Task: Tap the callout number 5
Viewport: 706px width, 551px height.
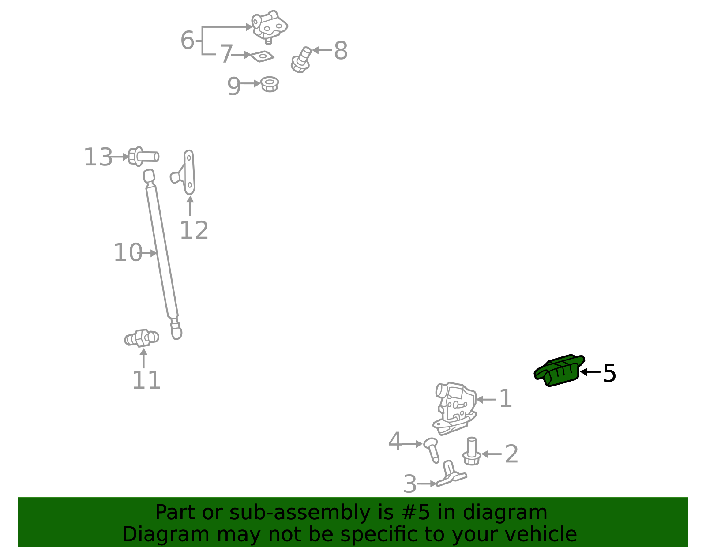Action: [x=609, y=373]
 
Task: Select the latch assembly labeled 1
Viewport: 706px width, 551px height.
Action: [x=455, y=408]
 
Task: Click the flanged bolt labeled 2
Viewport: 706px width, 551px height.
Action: [x=471, y=451]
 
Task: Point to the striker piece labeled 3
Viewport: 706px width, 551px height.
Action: [x=451, y=474]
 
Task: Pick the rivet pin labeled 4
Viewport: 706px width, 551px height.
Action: [x=432, y=450]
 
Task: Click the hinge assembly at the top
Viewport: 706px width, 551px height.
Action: [x=269, y=26]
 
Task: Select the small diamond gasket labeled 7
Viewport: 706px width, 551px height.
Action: [x=262, y=56]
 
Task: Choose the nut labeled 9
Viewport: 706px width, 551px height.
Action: [x=269, y=84]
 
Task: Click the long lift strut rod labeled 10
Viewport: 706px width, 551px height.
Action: [x=162, y=254]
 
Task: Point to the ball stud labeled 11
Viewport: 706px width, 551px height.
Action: [x=142, y=338]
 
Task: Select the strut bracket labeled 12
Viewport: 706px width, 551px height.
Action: [x=183, y=172]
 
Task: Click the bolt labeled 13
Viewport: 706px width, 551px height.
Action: [x=143, y=157]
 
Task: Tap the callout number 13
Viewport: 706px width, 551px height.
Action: [x=98, y=157]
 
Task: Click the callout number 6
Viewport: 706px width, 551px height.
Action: [x=188, y=40]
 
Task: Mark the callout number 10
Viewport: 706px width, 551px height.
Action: [x=128, y=252]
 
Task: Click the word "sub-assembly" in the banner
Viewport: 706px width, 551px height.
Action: [x=300, y=512]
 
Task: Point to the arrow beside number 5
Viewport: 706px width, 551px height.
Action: [x=590, y=372]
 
